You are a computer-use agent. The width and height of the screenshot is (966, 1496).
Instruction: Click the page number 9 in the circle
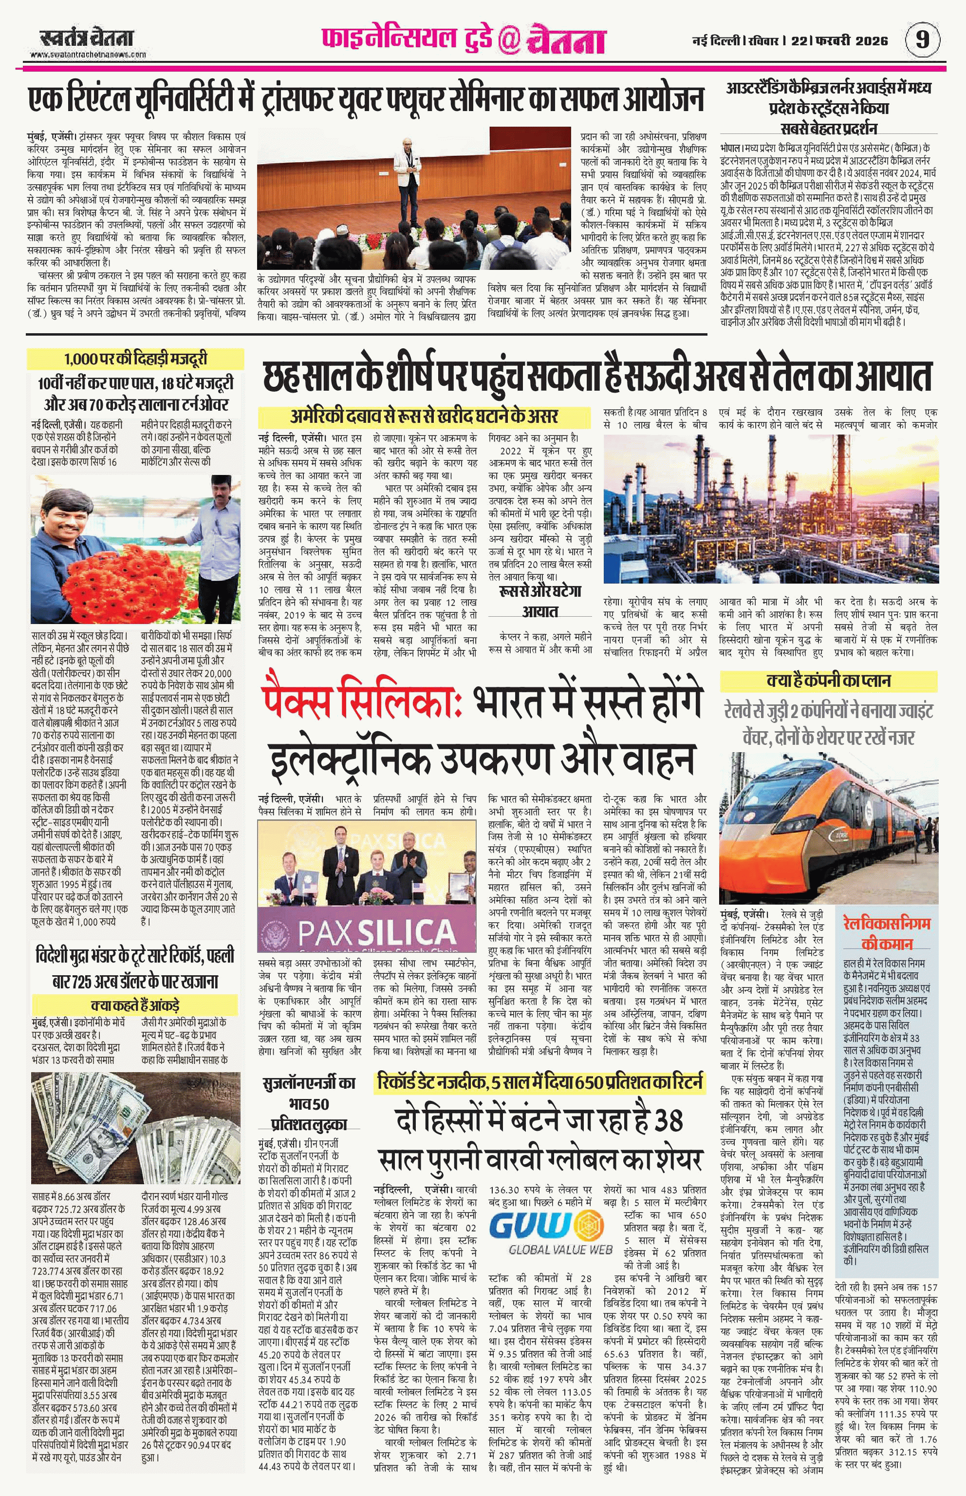point(922,39)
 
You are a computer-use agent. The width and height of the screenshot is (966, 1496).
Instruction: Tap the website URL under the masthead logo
point(88,55)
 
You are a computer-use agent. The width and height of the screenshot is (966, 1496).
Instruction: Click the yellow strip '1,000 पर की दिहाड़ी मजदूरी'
point(135,359)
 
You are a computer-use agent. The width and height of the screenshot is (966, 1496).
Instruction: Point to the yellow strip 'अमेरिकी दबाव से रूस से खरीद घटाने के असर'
point(424,416)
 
